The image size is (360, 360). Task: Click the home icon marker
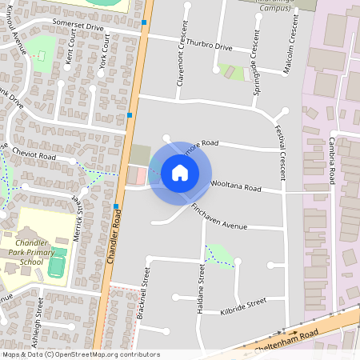click(x=180, y=172)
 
